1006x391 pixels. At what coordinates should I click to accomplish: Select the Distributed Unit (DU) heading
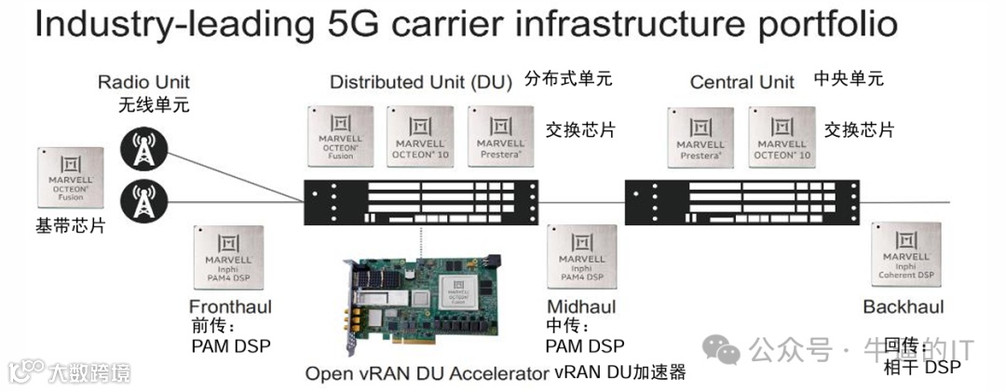421,83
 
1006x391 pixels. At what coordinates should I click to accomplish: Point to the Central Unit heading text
742,83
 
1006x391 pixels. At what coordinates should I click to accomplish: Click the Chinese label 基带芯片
71,226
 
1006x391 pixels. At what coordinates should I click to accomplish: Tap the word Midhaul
582,308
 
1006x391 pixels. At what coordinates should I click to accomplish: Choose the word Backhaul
903,308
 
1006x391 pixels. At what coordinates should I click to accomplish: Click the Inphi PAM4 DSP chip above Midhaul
582,256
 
